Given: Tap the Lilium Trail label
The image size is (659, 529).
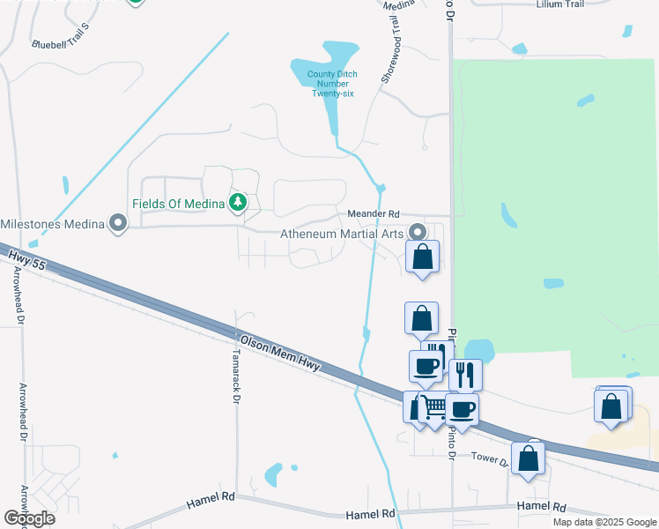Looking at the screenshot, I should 560,4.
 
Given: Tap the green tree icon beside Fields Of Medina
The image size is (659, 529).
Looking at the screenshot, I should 237,204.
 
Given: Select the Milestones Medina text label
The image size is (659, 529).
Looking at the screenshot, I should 52,224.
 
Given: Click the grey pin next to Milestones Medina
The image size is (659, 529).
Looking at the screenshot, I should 117,224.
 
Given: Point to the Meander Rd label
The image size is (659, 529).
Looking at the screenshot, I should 374,214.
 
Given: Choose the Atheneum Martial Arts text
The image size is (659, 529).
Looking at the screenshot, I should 341,235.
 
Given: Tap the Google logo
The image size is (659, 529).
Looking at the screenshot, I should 29,518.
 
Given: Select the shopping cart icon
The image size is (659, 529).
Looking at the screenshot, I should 433,408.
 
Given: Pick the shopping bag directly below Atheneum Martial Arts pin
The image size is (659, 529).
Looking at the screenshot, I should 423,257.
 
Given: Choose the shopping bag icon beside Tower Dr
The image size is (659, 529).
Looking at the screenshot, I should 528,458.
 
